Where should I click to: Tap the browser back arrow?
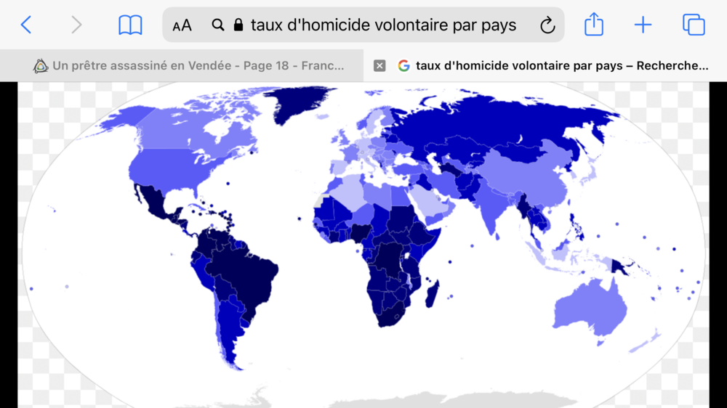pos(26,25)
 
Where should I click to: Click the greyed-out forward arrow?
pos(76,25)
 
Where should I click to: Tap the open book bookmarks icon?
pos(130,25)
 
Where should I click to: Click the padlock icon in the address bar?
pos(238,25)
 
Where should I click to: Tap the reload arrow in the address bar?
pos(547,26)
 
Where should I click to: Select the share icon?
pos(594,25)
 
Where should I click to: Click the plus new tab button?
pos(643,25)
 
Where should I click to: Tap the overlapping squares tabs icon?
pos(694,25)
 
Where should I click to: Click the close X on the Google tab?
pos(379,66)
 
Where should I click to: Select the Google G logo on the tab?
pos(403,66)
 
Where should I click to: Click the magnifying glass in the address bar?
pos(218,25)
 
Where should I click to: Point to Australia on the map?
pos(590,309)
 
